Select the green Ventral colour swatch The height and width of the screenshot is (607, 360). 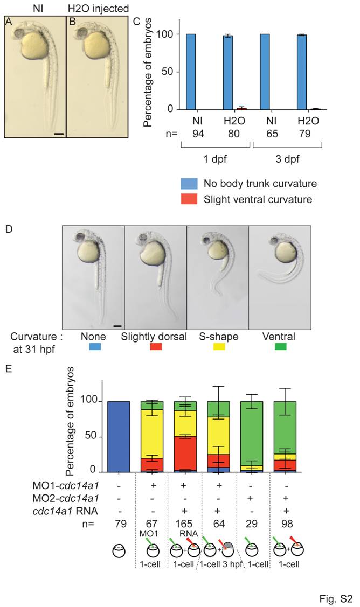pyautogui.click(x=275, y=347)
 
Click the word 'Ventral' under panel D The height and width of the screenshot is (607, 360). pyautogui.click(x=275, y=336)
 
